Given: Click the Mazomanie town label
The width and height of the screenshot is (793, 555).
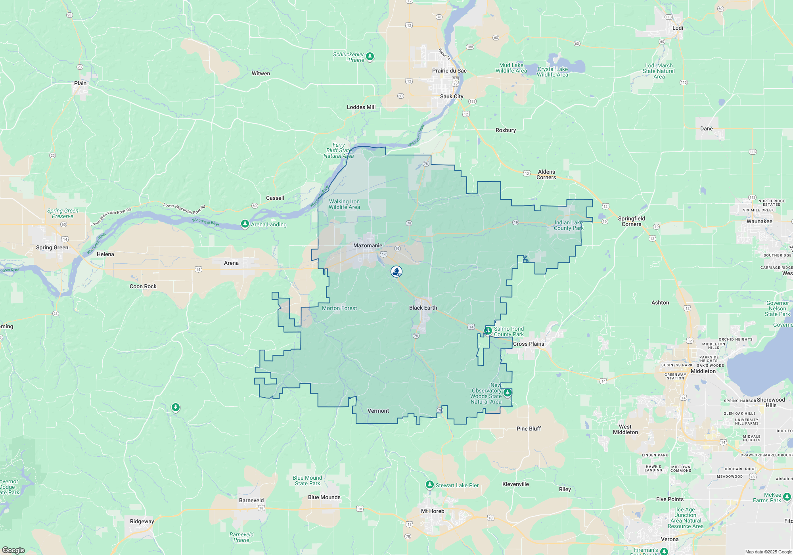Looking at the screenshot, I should tap(368, 245).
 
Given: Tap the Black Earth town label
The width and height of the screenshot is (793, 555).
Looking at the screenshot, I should tap(423, 308).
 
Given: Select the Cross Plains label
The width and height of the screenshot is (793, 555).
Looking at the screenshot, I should tap(529, 344).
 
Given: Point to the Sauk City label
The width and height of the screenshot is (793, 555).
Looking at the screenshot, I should tap(452, 96).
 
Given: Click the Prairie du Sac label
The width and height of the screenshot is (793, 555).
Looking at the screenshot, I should tap(449, 71).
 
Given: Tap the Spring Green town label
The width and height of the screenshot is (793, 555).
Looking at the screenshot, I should tap(52, 247).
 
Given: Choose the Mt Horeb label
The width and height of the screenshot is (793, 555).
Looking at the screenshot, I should tap(433, 511).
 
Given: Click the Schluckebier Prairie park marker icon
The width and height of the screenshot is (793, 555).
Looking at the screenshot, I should tap(370, 56).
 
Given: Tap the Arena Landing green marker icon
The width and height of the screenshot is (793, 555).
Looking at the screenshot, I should tap(245, 224).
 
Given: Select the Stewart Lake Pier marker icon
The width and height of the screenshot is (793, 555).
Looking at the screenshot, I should tap(429, 484).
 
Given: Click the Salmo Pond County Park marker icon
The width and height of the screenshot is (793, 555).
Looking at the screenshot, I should tap(488, 331).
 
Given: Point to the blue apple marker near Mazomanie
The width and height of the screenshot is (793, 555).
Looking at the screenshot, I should tap(396, 272).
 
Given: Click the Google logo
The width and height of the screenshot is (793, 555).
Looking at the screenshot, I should tap(13, 550).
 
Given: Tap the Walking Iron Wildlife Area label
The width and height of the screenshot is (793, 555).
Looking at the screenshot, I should tap(344, 204).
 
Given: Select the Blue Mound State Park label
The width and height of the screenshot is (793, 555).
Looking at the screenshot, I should tap(307, 480).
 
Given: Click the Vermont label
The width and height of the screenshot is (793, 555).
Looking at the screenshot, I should tap(378, 411).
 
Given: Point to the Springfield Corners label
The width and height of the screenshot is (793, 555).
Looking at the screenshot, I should tap(631, 221).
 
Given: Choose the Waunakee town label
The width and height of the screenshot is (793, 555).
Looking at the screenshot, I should tap(759, 221).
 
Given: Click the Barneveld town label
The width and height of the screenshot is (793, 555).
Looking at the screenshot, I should tap(251, 500).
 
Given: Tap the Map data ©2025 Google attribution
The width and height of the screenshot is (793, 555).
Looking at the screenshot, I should tap(768, 552).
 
